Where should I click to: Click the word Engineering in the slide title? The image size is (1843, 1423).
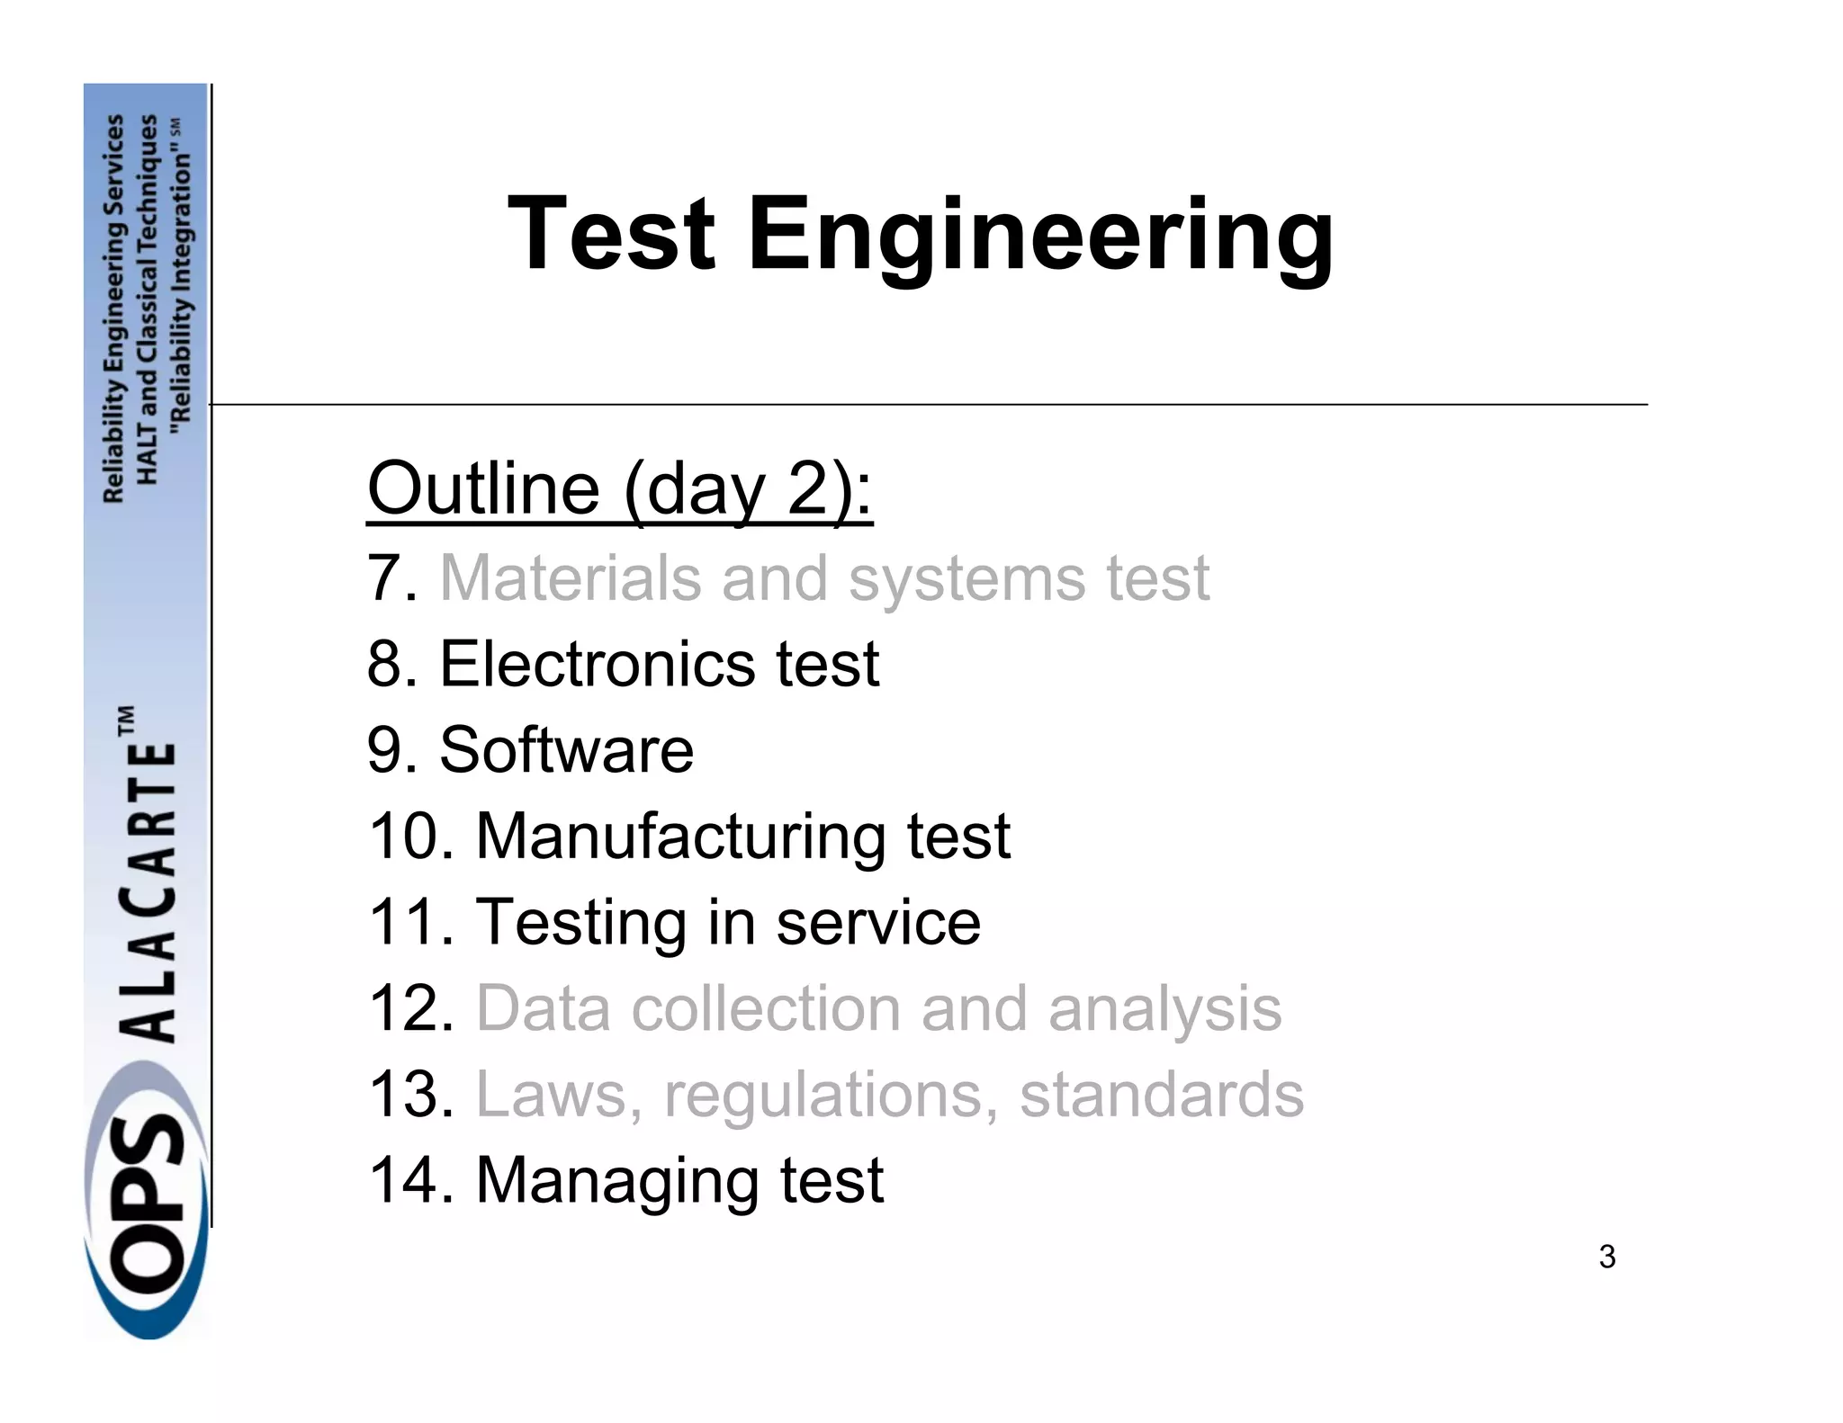[x=1040, y=236]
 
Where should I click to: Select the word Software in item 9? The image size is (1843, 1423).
[x=566, y=749]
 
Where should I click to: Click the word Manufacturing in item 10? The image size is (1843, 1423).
[x=680, y=836]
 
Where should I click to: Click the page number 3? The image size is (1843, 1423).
[x=1607, y=1257]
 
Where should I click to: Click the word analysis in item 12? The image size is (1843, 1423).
[x=1164, y=1009]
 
